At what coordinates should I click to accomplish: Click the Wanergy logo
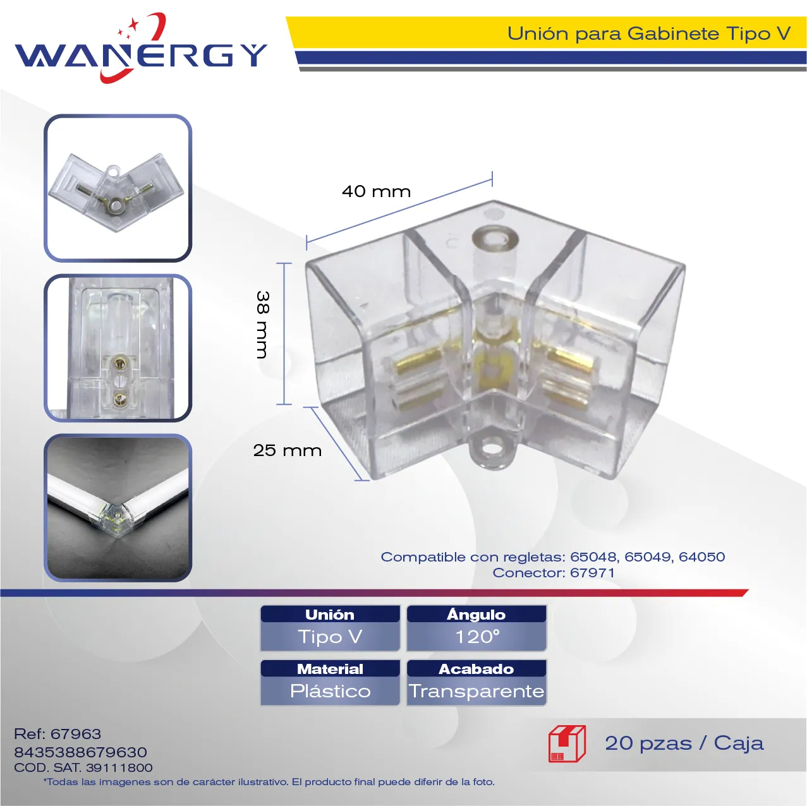click(141, 48)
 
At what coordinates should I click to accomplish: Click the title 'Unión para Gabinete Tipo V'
click(649, 33)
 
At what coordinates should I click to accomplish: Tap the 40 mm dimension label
click(376, 191)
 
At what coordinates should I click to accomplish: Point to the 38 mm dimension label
click(263, 325)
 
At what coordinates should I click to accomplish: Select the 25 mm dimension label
click(288, 450)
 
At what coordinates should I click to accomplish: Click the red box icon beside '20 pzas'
click(567, 743)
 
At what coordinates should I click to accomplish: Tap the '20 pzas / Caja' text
click(684, 743)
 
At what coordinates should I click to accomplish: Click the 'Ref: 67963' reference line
click(58, 733)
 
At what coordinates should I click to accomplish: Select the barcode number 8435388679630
click(80, 752)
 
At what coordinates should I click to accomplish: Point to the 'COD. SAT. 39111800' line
click(83, 767)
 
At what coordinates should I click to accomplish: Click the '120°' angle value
click(477, 637)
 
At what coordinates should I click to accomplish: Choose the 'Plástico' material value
click(331, 691)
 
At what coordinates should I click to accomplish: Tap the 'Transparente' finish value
click(476, 691)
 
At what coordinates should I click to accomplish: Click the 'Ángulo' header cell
click(476, 614)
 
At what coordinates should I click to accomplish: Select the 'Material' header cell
click(331, 669)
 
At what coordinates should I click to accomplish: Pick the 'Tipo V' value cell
click(331, 637)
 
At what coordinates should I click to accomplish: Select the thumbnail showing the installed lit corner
click(118, 507)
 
